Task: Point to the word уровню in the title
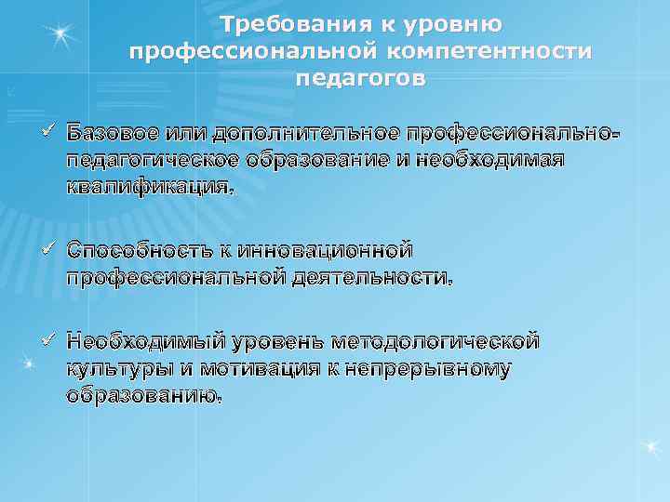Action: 458,23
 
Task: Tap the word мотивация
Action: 251,368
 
